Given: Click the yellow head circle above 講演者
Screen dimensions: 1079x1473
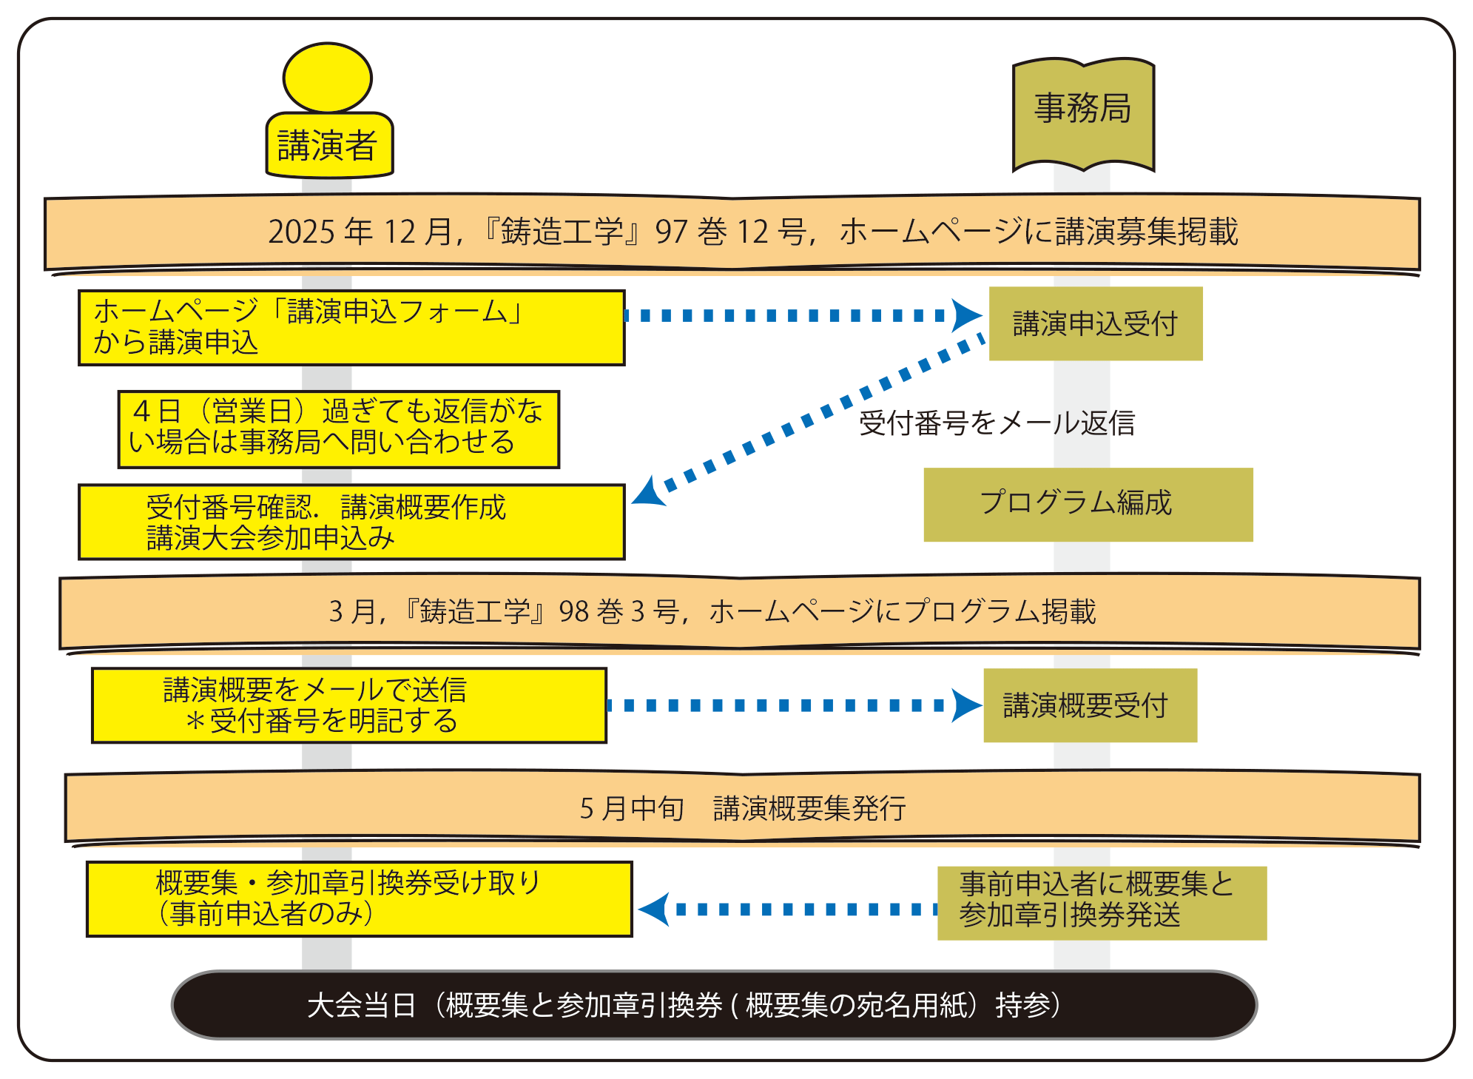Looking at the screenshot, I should pyautogui.click(x=327, y=78).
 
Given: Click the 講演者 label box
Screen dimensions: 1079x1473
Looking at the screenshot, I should pyautogui.click(x=329, y=146).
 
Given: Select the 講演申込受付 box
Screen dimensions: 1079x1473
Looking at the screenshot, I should pyautogui.click(x=1095, y=324).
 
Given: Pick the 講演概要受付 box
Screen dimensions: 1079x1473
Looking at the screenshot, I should pyautogui.click(x=1090, y=705).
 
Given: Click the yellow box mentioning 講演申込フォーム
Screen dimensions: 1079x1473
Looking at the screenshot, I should pyautogui.click(x=351, y=328).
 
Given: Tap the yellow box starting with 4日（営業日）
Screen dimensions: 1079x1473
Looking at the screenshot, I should pyautogui.click(x=338, y=429).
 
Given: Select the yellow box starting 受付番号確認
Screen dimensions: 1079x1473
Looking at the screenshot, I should pyautogui.click(x=351, y=522).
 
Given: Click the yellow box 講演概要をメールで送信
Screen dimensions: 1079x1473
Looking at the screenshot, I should pyautogui.click(x=348, y=705).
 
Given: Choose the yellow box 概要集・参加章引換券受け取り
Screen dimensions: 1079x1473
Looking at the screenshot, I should pyautogui.click(x=359, y=899).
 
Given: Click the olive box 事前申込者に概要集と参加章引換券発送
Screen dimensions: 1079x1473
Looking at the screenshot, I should pyautogui.click(x=1102, y=903).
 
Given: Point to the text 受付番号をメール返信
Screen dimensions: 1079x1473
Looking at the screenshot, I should pyautogui.click(x=997, y=423).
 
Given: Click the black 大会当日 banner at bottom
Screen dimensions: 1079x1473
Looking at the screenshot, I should pyautogui.click(x=714, y=1005).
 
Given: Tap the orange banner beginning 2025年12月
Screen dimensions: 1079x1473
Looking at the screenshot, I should pyautogui.click(x=732, y=232).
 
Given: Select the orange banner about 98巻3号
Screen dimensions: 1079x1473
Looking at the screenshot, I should pyautogui.click(x=740, y=612).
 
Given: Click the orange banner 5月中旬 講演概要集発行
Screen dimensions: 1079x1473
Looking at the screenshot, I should pyautogui.click(x=743, y=808).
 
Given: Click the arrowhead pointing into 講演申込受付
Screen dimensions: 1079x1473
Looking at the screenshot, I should pyautogui.click(x=967, y=315).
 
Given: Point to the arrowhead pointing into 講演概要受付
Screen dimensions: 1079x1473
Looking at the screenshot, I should pyautogui.click(x=965, y=705).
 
